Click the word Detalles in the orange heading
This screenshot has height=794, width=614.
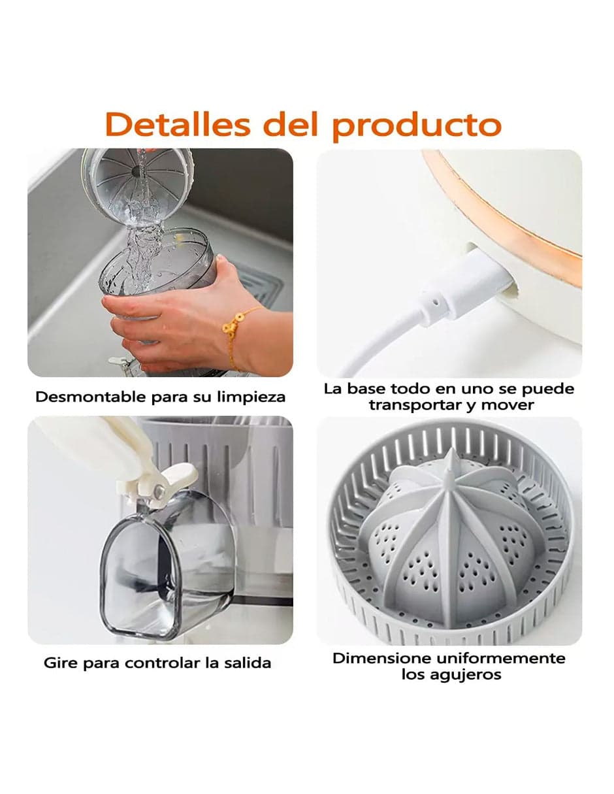(x=177, y=124)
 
